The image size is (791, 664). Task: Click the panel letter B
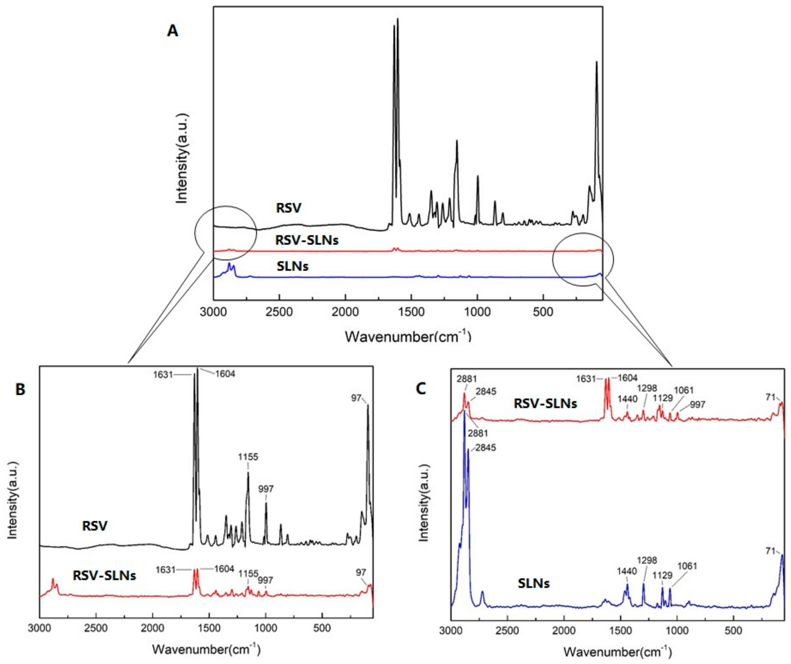pyautogui.click(x=20, y=389)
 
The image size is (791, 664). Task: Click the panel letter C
pyautogui.click(x=421, y=388)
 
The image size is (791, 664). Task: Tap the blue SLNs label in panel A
pyautogui.click(x=293, y=267)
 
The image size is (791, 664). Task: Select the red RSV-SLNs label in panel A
pyautogui.click(x=307, y=240)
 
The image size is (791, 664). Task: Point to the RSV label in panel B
pyautogui.click(x=95, y=526)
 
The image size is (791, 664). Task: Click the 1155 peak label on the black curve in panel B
pyautogui.click(x=248, y=457)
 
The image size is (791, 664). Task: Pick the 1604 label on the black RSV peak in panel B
pyautogui.click(x=225, y=374)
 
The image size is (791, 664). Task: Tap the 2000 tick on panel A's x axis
pyautogui.click(x=345, y=312)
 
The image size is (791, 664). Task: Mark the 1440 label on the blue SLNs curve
pyautogui.click(x=627, y=571)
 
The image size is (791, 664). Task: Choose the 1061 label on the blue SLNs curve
pyautogui.click(x=687, y=566)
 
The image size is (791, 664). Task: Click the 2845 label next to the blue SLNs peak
pyautogui.click(x=486, y=448)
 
